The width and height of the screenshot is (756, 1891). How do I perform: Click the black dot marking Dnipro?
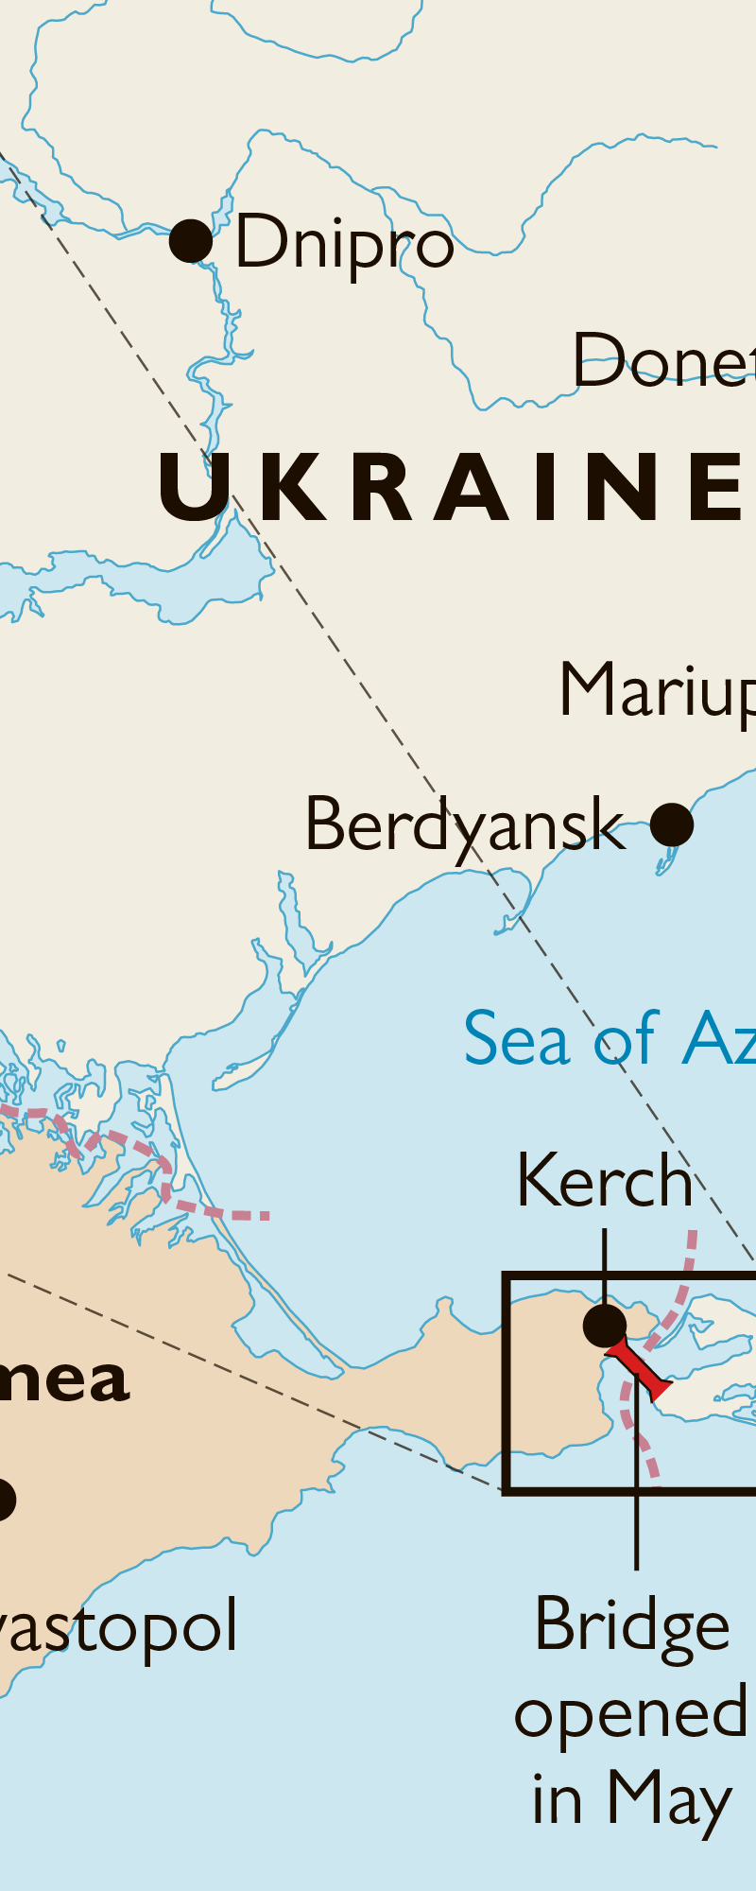[191, 241]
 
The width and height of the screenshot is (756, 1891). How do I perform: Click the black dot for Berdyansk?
[672, 824]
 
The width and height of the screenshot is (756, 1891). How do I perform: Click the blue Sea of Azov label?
[610, 1039]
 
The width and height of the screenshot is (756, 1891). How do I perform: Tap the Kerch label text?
[605, 1181]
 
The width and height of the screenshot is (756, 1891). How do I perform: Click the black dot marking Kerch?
[605, 1326]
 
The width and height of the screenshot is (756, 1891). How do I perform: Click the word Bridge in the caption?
[632, 1625]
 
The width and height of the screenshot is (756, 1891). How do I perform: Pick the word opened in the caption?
[630, 1713]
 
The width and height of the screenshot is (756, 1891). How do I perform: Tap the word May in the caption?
[670, 1799]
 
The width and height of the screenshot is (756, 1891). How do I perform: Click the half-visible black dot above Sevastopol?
[5, 1500]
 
